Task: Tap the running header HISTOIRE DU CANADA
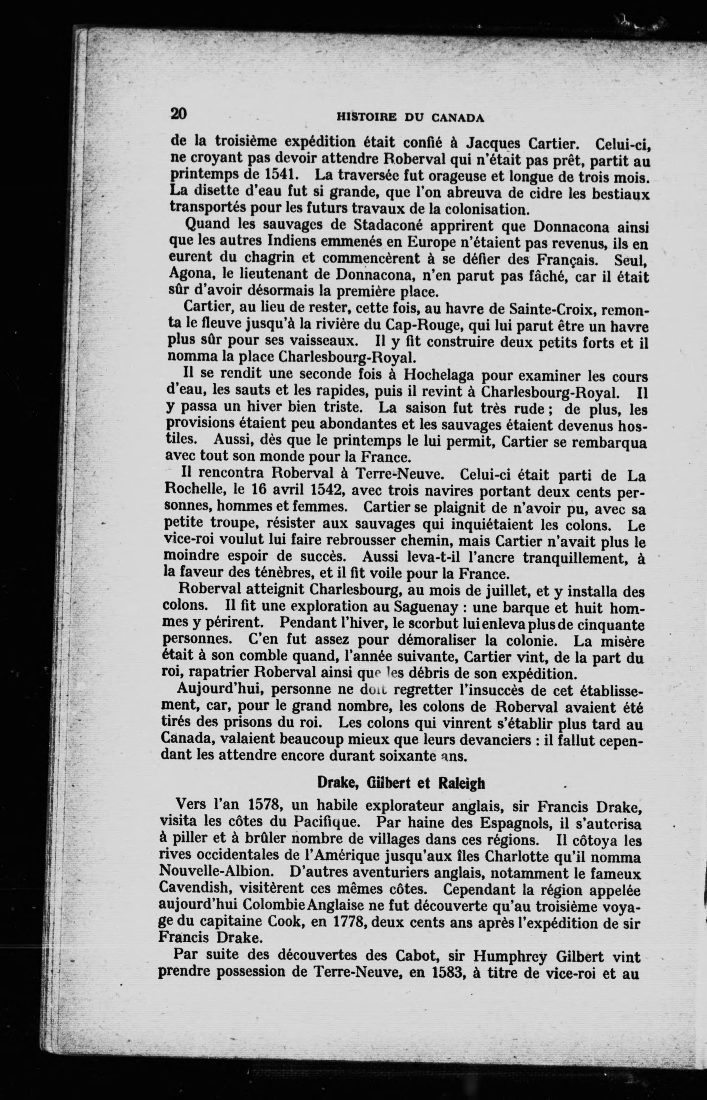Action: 410,118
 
